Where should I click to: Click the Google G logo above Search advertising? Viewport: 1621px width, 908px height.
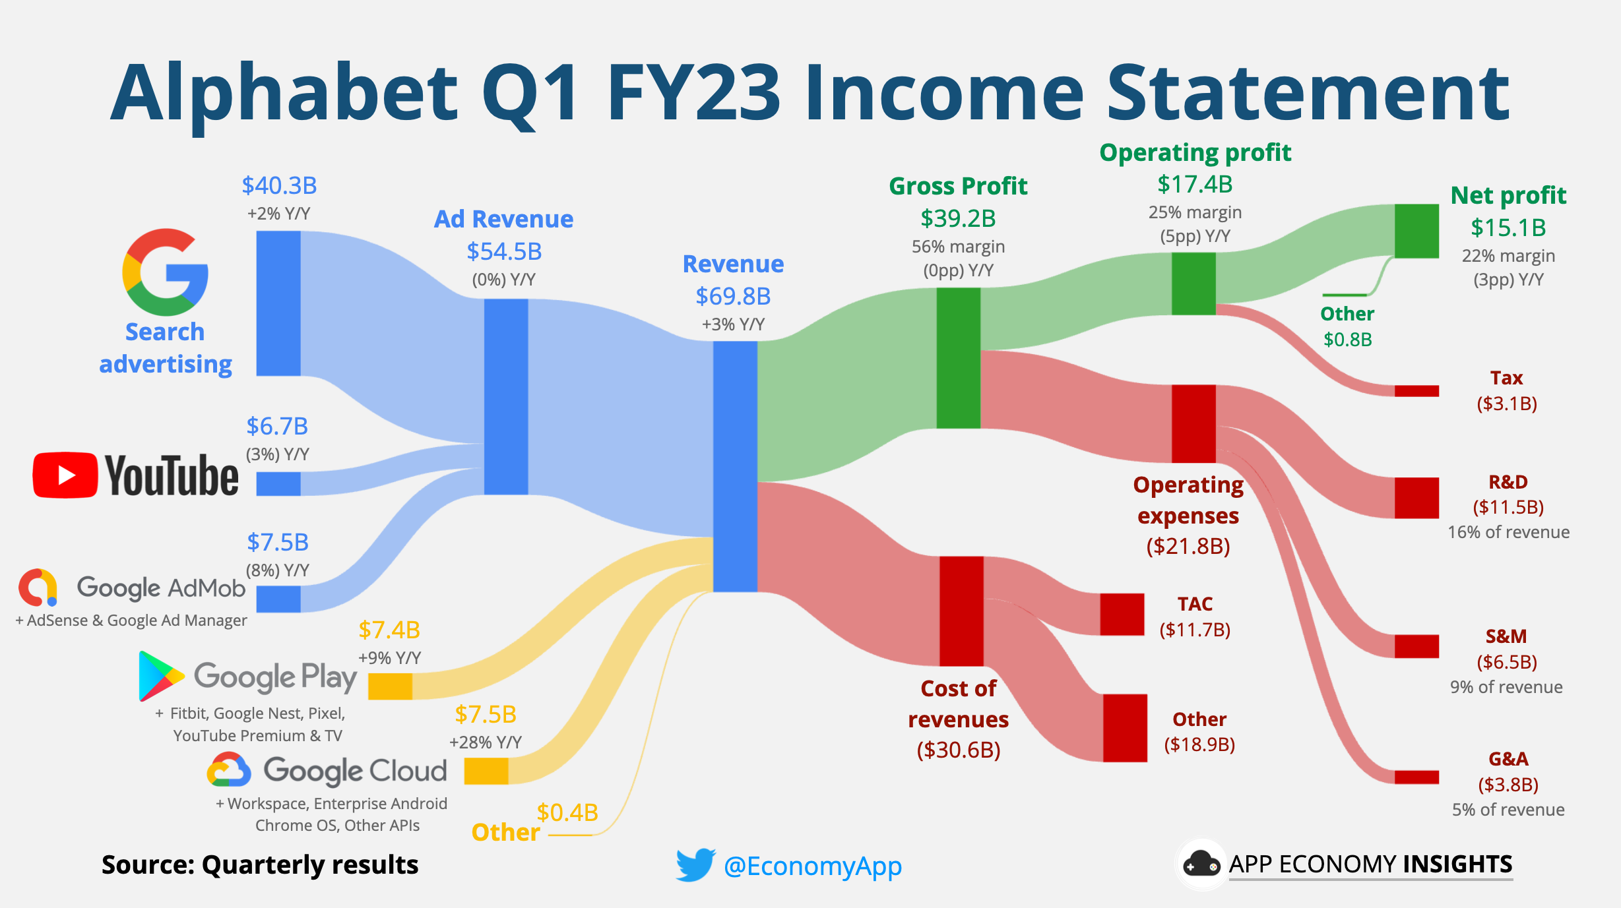[x=165, y=272]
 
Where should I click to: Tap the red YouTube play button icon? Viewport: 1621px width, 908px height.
[x=65, y=475]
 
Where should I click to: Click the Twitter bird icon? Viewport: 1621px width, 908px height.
[x=695, y=864]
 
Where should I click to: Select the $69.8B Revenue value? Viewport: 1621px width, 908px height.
[x=733, y=296]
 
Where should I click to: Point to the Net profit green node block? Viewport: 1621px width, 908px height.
[x=1416, y=231]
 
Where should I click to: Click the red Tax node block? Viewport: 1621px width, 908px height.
[x=1416, y=391]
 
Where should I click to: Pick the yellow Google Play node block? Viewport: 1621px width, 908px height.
[x=390, y=686]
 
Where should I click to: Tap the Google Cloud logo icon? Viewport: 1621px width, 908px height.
[x=229, y=770]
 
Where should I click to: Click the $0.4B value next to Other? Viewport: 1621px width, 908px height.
[x=567, y=812]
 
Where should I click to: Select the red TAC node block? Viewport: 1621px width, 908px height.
[x=1122, y=614]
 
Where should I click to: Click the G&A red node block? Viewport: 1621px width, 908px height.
[x=1416, y=777]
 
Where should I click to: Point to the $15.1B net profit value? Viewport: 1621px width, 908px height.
[x=1508, y=227]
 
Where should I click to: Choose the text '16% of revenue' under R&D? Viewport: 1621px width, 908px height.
[x=1508, y=532]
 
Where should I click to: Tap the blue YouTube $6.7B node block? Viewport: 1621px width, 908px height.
[x=278, y=483]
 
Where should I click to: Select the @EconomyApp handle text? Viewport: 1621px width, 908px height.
[x=812, y=866]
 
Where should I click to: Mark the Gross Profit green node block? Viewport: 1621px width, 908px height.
[x=958, y=358]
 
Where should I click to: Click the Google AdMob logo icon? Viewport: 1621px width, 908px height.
[x=38, y=587]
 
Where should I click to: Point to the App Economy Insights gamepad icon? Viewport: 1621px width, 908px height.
[x=1201, y=864]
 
